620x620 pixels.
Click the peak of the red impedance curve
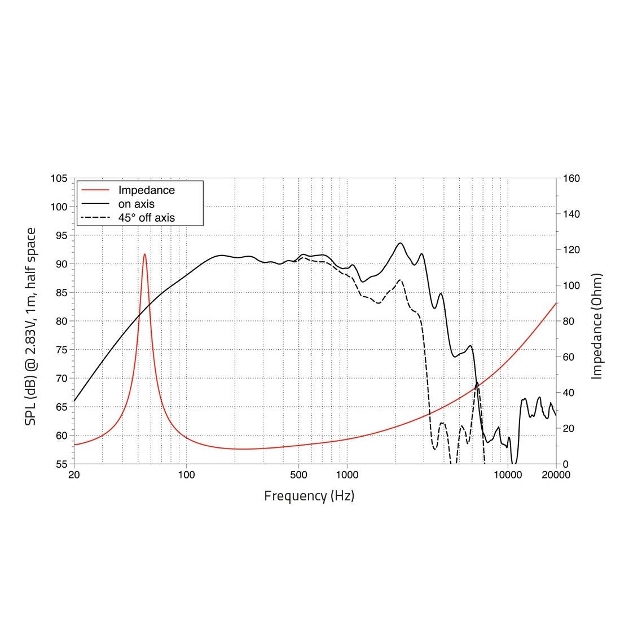click(x=145, y=254)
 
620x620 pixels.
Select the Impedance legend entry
click(x=146, y=190)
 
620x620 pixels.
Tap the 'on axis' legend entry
click(x=136, y=204)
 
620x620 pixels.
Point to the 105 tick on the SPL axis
click(x=59, y=179)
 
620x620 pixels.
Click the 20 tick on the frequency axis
click(x=74, y=475)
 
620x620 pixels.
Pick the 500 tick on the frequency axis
click(x=298, y=475)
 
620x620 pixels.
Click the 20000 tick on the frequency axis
click(x=556, y=475)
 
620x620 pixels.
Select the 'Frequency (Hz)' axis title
click(x=309, y=496)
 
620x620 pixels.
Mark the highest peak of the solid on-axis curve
click(x=401, y=243)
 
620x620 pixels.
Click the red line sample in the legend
click(x=95, y=190)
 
